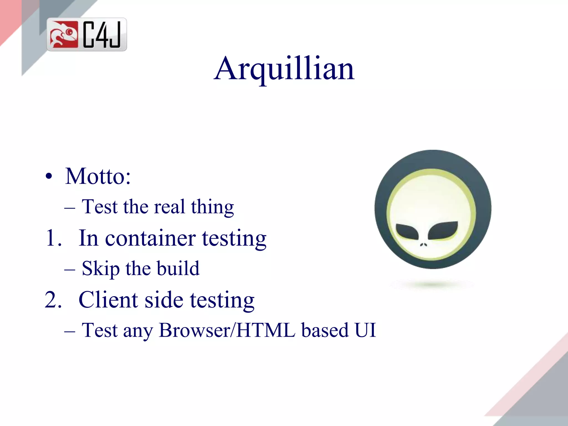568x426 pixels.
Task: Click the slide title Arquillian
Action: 284,69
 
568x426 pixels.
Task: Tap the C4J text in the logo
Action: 102,35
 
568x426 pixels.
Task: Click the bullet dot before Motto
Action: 49,176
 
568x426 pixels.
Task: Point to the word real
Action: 169,207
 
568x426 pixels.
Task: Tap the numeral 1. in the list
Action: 53,238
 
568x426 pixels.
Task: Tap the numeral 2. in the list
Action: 53,300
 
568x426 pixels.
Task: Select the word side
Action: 164,300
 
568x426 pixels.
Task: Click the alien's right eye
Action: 443,230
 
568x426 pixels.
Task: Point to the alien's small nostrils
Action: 424,245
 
